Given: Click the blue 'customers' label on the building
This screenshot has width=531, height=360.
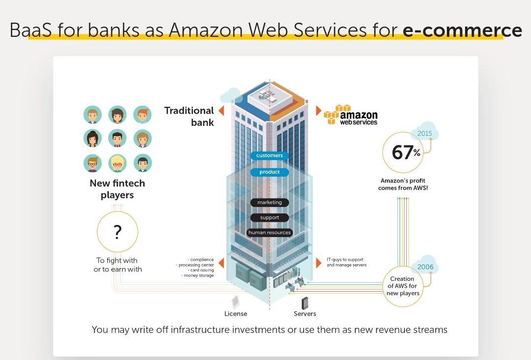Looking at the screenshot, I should (269, 155).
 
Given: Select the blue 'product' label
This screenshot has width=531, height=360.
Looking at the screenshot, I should (269, 172).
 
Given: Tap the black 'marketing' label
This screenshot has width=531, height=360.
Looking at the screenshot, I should (269, 202).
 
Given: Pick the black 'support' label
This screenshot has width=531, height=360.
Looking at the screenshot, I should (269, 217).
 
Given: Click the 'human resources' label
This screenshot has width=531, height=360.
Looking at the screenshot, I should (269, 232).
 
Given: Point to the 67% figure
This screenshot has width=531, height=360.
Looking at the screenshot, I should (406, 152).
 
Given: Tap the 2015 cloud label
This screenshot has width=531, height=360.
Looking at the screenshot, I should (425, 133).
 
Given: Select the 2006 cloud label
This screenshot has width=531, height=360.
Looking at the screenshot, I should (425, 267).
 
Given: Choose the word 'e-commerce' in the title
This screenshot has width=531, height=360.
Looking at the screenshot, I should (462, 30).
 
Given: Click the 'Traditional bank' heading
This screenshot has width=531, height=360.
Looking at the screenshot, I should (189, 116).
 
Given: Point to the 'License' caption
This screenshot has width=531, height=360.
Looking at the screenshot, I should (236, 314).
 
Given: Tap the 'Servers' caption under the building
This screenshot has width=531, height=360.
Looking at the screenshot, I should (305, 314).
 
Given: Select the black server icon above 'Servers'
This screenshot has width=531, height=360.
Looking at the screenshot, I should (305, 302).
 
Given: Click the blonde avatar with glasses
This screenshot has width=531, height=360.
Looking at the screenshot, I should (118, 163).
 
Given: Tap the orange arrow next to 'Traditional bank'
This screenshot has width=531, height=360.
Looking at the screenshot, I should (221, 111).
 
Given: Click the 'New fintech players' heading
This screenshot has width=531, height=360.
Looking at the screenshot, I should (117, 189).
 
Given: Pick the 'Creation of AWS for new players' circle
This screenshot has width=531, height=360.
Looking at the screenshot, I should (403, 286).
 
